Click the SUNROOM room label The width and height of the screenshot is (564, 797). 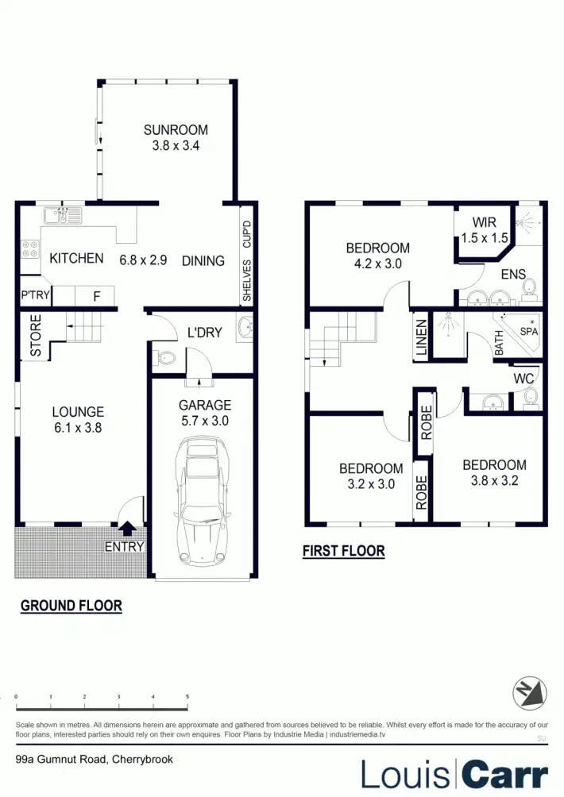pyautogui.click(x=176, y=130)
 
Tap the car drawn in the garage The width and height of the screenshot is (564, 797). pyautogui.click(x=201, y=502)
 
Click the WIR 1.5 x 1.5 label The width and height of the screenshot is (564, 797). pyautogui.click(x=484, y=229)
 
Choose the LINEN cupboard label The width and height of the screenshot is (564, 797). pyautogui.click(x=422, y=337)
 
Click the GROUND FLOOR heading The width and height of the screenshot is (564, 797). pyautogui.click(x=71, y=606)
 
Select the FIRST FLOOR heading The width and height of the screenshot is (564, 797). pyautogui.click(x=343, y=551)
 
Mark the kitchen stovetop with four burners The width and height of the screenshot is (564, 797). pyautogui.click(x=30, y=249)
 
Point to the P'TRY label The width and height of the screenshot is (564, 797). pyautogui.click(x=35, y=297)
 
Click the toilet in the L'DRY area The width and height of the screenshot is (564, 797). pyautogui.click(x=164, y=358)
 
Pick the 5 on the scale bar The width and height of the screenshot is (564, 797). pyautogui.click(x=187, y=697)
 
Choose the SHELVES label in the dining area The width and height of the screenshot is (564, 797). pyautogui.click(x=247, y=281)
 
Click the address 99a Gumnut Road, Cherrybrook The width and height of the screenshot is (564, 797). pyautogui.click(x=94, y=759)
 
